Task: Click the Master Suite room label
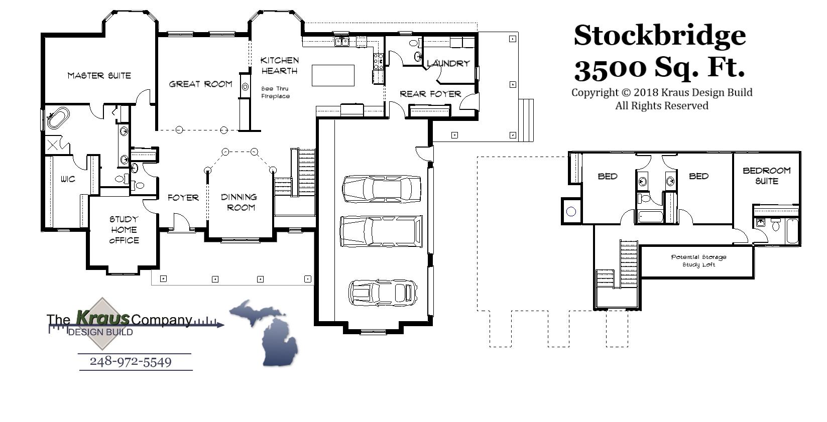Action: click(x=99, y=76)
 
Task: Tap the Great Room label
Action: click(x=200, y=84)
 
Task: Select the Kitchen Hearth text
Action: click(x=280, y=66)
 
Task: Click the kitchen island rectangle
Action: click(x=333, y=76)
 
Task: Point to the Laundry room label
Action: click(x=448, y=64)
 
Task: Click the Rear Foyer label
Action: click(x=430, y=94)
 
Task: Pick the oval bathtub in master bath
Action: click(x=58, y=119)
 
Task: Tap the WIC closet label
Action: click(x=68, y=179)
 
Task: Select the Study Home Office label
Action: click(x=124, y=230)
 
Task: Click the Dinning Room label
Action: click(x=240, y=202)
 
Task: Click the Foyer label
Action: click(x=183, y=198)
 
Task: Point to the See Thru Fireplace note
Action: click(x=275, y=92)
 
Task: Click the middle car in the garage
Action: click(x=381, y=231)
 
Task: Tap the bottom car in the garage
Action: click(x=383, y=293)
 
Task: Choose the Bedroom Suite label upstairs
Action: click(x=766, y=176)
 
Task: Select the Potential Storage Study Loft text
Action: click(x=698, y=260)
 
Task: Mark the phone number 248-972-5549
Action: click(x=131, y=362)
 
